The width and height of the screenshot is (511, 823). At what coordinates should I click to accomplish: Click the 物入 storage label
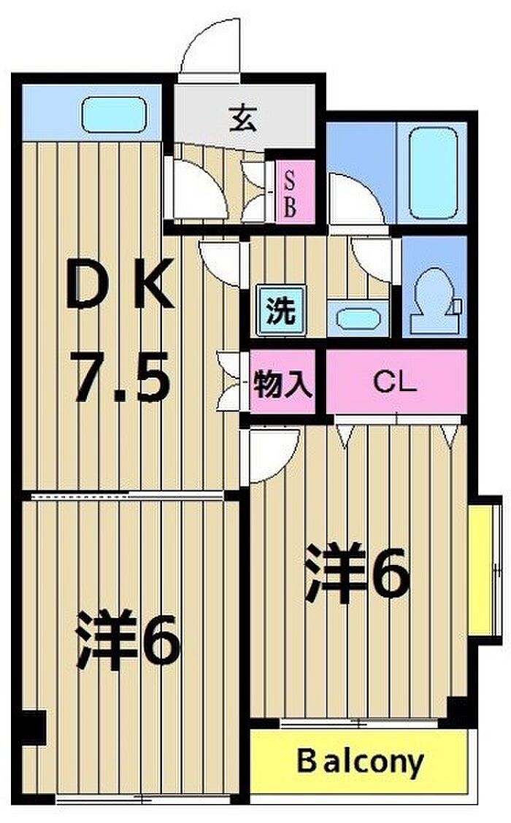pyautogui.click(x=283, y=384)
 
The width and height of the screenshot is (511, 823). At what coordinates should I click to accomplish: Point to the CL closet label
pyautogui.click(x=395, y=382)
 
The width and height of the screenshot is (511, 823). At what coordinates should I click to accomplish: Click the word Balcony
pyautogui.click(x=360, y=762)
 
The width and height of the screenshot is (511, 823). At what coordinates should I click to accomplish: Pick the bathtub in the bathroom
pyautogui.click(x=434, y=173)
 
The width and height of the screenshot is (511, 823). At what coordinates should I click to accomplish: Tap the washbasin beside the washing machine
pyautogui.click(x=358, y=319)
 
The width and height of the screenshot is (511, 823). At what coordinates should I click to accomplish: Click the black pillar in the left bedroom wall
pyautogui.click(x=33, y=727)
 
